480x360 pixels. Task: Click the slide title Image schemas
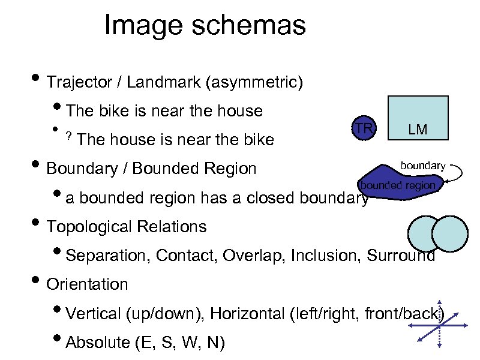point(205,26)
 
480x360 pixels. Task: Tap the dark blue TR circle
point(362,128)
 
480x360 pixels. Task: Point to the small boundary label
point(423,165)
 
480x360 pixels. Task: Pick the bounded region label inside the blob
point(397,185)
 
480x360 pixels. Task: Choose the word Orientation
point(87,284)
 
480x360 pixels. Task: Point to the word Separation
point(109,256)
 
